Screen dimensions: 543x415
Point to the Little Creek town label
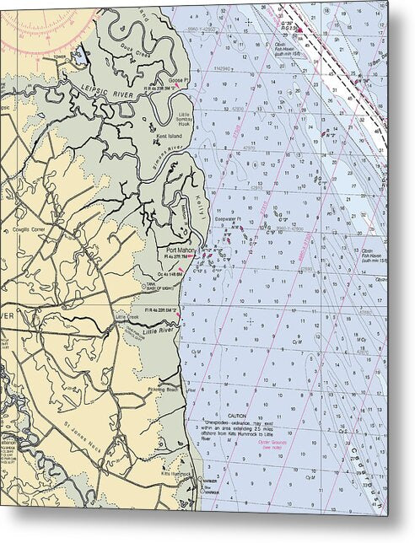pos(126,316)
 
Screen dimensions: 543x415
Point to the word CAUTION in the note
pos(237,415)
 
